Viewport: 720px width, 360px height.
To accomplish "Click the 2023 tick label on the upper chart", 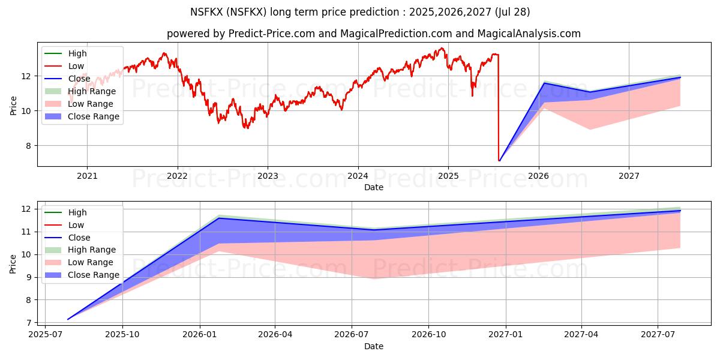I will (268, 176).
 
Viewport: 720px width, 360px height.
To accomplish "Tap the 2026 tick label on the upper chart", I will (539, 176).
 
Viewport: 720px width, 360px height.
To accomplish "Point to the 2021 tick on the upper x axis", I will (87, 176).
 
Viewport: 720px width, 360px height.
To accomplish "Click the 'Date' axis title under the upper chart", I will (374, 187).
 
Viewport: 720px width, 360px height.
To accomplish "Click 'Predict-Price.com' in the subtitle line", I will (271, 34).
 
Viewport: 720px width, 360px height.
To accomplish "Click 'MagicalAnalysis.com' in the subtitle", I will (529, 34).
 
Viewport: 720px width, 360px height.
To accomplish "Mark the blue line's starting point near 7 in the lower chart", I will (68, 319).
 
